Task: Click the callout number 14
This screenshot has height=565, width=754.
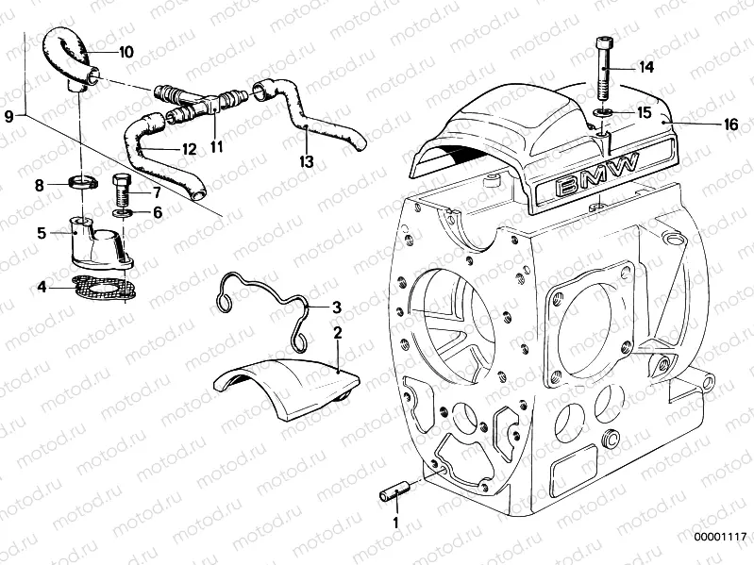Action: (646, 67)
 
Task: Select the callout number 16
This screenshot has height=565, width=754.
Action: (705, 123)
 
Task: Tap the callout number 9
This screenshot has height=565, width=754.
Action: (8, 116)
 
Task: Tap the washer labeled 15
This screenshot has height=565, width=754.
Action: (601, 113)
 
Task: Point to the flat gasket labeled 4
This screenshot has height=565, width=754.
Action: (101, 285)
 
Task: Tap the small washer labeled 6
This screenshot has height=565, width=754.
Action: (124, 213)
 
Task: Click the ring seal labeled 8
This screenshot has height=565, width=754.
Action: (84, 181)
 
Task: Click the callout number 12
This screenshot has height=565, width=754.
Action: (189, 149)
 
